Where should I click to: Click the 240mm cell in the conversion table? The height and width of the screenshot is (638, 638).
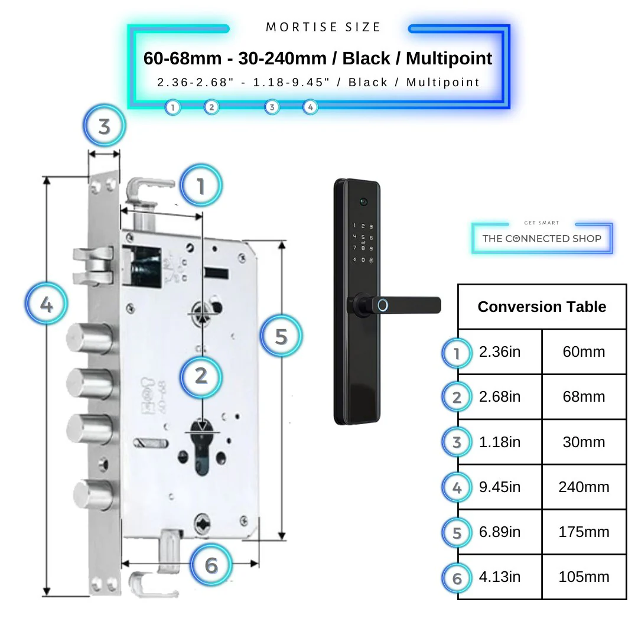[x=584, y=487]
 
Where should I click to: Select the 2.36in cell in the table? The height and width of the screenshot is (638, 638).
[x=500, y=351]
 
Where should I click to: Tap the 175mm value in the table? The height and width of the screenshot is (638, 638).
[x=584, y=532]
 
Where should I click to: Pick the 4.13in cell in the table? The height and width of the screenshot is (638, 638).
[x=500, y=577]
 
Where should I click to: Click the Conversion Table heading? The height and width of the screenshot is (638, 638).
[x=542, y=307]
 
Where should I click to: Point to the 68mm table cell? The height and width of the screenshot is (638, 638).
[x=584, y=396]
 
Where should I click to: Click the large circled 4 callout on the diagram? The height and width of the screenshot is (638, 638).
[x=46, y=305]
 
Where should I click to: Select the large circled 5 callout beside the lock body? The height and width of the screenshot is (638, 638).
[x=281, y=336]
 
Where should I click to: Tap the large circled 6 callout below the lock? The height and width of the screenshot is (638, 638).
[x=211, y=565]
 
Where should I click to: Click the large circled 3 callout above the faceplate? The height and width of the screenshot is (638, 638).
[x=104, y=126]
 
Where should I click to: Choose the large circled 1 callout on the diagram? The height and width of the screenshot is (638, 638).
[x=201, y=186]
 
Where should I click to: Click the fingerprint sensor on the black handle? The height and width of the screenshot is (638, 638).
[x=383, y=305]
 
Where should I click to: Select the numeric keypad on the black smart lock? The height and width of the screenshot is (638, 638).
[x=363, y=243]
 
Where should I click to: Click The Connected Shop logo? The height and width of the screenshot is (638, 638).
[x=542, y=238]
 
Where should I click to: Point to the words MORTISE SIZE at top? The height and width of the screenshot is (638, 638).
[x=324, y=27]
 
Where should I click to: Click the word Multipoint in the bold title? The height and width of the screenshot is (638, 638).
[x=449, y=58]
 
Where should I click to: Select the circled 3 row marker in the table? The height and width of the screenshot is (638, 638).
[x=457, y=442]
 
